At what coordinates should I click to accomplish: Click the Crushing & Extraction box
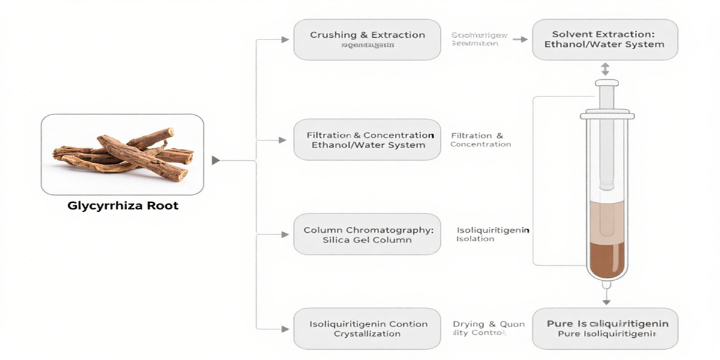coord(367,40)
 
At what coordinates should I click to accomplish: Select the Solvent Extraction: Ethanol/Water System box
coord(605,40)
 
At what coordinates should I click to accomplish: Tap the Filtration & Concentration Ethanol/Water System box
coord(367,140)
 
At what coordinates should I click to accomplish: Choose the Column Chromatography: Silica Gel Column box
coord(367,234)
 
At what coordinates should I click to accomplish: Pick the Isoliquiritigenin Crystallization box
coord(367,328)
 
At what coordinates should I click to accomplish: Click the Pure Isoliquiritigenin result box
coord(605,328)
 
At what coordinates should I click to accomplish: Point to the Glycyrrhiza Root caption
coord(122,206)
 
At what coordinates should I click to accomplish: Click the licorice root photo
coord(122,154)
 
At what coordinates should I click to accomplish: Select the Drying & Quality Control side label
coord(488,328)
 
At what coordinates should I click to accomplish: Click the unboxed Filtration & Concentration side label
coord(480,140)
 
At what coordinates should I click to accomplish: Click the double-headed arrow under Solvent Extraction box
coord(606,69)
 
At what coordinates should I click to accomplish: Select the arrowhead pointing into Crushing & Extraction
coord(285,40)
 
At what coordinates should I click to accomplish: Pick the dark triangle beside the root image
coord(216,160)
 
